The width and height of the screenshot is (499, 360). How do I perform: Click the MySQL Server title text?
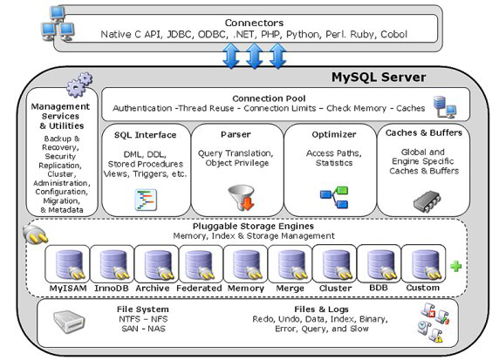tap(379, 77)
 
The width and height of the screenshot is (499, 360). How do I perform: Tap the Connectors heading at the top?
tap(253, 22)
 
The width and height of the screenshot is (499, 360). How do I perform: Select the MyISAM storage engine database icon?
tap(68, 264)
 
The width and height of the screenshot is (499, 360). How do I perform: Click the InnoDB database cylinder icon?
tap(113, 264)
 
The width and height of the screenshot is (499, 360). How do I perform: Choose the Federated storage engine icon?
tap(200, 264)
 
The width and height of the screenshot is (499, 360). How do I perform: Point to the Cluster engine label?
tap(334, 287)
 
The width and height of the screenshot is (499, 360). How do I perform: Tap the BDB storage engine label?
tap(379, 287)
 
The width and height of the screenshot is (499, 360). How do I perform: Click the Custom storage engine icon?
tap(425, 264)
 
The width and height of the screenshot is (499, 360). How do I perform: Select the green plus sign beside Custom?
tap(455, 266)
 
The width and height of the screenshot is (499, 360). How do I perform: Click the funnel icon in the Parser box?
tap(238, 195)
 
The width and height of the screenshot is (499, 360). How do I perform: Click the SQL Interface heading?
tap(145, 134)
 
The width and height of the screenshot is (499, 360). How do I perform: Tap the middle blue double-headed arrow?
tap(255, 56)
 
